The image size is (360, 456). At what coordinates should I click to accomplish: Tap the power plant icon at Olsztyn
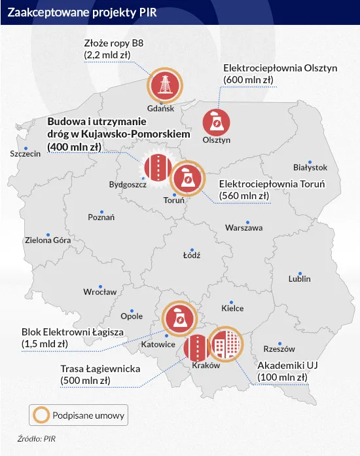(x=215, y=121)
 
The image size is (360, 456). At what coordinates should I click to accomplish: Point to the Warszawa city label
(x=243, y=228)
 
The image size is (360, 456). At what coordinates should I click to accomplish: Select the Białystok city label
(x=310, y=168)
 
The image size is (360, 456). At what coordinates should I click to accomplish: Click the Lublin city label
(x=299, y=279)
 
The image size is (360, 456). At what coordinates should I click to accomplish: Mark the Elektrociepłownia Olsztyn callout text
(x=270, y=67)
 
